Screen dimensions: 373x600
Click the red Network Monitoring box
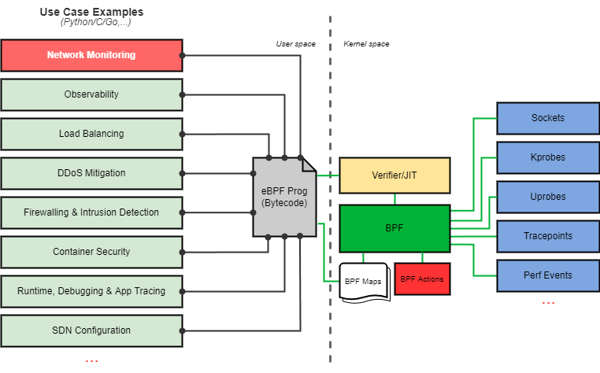point(91,55)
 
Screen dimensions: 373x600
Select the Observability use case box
point(91,94)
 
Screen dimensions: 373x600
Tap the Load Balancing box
point(91,134)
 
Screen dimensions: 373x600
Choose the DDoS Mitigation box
point(91,173)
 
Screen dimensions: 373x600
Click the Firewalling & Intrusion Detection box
point(91,212)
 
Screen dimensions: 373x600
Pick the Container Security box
point(91,252)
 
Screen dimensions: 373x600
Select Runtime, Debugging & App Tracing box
point(91,291)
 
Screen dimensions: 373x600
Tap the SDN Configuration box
point(91,331)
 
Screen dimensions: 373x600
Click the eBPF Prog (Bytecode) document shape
point(283,198)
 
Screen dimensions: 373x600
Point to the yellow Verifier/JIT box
point(394,175)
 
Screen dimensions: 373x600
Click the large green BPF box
point(394,228)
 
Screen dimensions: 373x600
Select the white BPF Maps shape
point(364,281)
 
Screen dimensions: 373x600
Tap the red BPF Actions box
point(422,279)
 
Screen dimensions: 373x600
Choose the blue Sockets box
point(547,118)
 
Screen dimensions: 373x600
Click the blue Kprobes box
point(547,157)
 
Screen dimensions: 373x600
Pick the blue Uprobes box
point(547,197)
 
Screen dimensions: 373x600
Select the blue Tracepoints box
point(547,236)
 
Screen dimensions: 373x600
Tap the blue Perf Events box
point(547,275)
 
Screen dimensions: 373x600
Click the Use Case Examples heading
point(91,13)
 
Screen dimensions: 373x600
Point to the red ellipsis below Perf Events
point(548,303)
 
